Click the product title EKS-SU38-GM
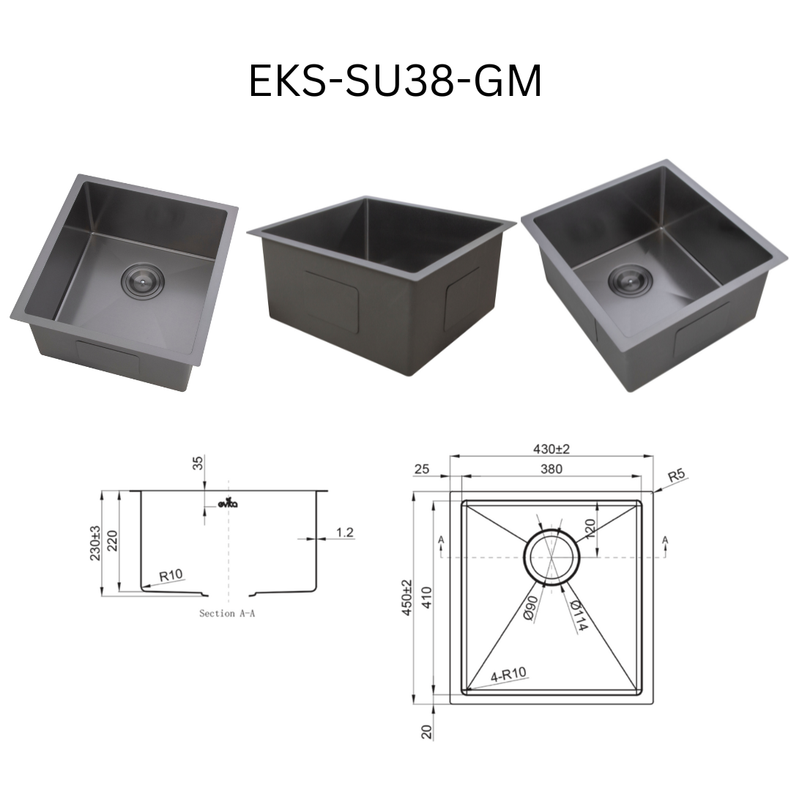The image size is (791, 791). click(x=395, y=81)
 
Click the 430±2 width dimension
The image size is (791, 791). click(x=552, y=448)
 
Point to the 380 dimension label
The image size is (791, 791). click(x=552, y=469)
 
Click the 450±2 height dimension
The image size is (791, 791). click(x=407, y=598)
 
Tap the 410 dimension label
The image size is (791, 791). click(x=427, y=598)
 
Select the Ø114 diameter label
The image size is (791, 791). click(x=579, y=615)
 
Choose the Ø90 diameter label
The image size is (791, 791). click(x=532, y=609)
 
